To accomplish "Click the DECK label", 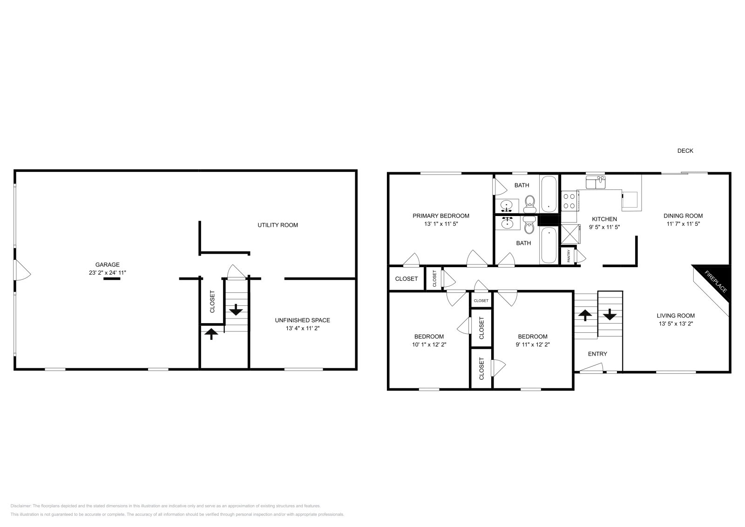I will pos(685,151).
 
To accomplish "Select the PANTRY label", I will pos(569,256).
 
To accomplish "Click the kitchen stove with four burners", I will pos(569,201).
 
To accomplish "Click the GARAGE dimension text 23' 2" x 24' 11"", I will pos(108,273).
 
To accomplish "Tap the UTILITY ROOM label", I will pos(278,225).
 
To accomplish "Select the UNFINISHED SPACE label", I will pos(302,320).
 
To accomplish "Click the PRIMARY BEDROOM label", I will pos(440,216).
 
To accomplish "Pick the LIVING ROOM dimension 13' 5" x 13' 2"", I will pos(676,324).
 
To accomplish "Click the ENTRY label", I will pos(597,354).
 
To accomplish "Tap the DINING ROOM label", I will pos(683,216).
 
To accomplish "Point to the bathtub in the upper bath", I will pos(549,194).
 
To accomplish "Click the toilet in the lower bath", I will pos(529,226).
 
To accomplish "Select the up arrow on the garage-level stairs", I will pos(211,333).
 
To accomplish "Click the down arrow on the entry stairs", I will pos(610,315).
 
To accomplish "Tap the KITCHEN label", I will pos(604,219).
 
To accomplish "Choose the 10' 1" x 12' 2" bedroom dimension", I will pos(429,345).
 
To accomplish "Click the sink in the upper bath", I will pos(506,204).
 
